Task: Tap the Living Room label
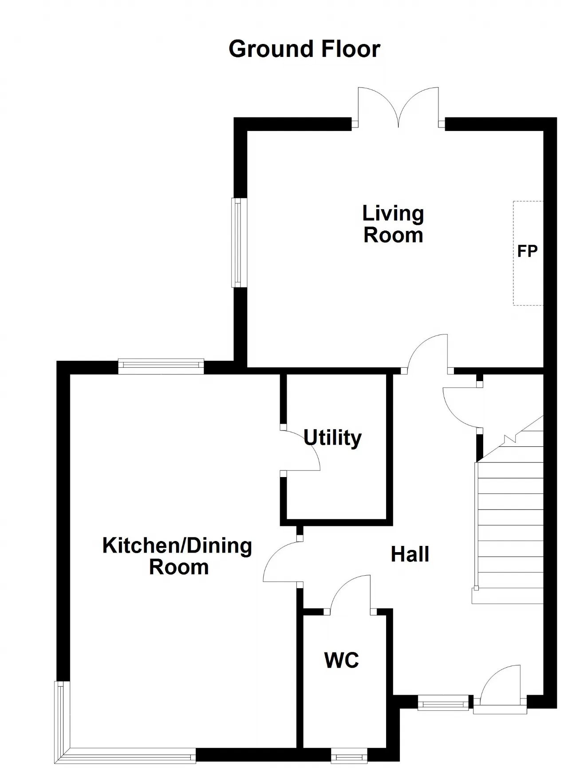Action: coord(393,224)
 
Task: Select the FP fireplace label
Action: coord(528,251)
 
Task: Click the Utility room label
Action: coord(333,438)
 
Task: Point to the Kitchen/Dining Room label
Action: coord(177,556)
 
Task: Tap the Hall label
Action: coord(410,554)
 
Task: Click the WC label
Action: coord(342,661)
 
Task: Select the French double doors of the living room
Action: coord(399,107)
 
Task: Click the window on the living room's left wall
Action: coord(239,242)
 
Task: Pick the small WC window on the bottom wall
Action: coord(349,756)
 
